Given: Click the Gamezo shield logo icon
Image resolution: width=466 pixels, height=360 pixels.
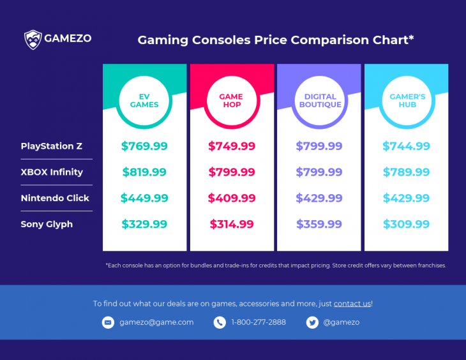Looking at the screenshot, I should pos(33,40).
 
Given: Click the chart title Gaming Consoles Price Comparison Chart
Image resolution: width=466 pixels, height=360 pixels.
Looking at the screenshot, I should pos(276,40).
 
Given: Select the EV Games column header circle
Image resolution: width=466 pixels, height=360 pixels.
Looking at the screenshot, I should pos(144,101).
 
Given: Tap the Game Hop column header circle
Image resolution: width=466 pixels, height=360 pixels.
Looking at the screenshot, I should pos(231,101).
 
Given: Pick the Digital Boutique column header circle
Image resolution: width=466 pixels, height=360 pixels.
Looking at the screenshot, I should pos(319,101).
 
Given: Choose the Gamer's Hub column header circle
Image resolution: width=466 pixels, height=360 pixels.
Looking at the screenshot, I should pos(407,101).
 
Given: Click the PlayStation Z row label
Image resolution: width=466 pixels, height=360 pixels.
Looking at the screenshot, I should pos(52,146).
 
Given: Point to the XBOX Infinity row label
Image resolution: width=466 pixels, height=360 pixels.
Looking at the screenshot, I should pos(52,172).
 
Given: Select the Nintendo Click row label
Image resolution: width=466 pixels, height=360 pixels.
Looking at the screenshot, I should pos(55,199).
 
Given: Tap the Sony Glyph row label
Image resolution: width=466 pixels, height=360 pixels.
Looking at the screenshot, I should pos(47,225).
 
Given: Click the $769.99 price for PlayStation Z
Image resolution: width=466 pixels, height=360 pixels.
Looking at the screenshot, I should pos(144,146).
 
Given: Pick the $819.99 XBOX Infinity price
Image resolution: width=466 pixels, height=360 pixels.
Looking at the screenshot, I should pos(144,172).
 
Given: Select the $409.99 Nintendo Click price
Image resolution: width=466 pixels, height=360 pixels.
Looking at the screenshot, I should pos(232,199).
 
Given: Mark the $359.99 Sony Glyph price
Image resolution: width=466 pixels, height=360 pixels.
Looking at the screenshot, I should pos(319,225).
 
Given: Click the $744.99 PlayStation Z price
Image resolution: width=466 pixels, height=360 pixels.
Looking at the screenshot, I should pos(407,146).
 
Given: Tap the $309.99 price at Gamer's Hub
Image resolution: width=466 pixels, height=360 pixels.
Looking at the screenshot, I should pos(407,225).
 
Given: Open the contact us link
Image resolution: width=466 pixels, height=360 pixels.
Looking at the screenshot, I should pos(352,304).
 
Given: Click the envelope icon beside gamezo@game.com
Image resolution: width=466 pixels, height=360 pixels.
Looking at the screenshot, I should pos(108,322).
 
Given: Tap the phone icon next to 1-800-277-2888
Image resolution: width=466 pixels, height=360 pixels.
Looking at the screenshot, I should pos(220,322).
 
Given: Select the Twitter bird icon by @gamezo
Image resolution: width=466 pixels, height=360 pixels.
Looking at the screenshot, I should pos(312,322).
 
